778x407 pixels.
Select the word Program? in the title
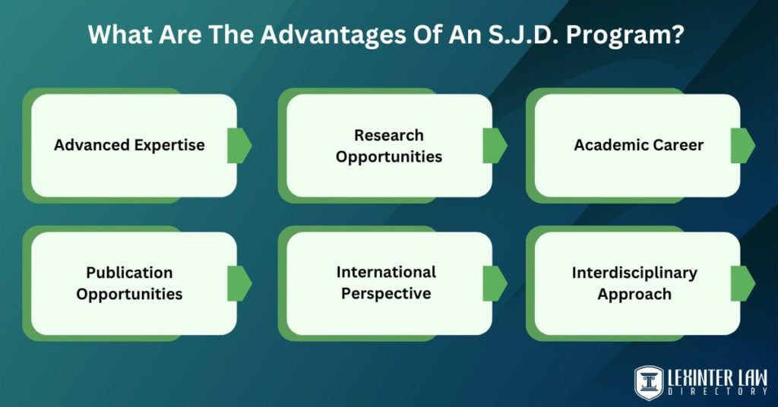(x=637, y=36)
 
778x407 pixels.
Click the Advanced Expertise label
(x=129, y=145)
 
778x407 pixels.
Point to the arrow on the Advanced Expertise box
(x=239, y=145)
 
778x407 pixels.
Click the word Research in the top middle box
(x=389, y=135)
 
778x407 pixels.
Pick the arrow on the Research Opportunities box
(x=495, y=145)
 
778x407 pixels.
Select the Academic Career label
(x=638, y=145)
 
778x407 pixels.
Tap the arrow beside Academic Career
(x=742, y=145)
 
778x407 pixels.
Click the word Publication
(x=129, y=273)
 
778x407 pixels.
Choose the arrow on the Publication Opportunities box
(x=239, y=282)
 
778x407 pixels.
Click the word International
(x=386, y=272)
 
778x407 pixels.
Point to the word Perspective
(x=386, y=293)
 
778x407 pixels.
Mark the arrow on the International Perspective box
(x=495, y=282)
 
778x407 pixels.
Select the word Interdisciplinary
(x=634, y=273)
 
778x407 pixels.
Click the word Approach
(x=634, y=294)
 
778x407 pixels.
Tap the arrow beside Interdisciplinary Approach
(x=742, y=282)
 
